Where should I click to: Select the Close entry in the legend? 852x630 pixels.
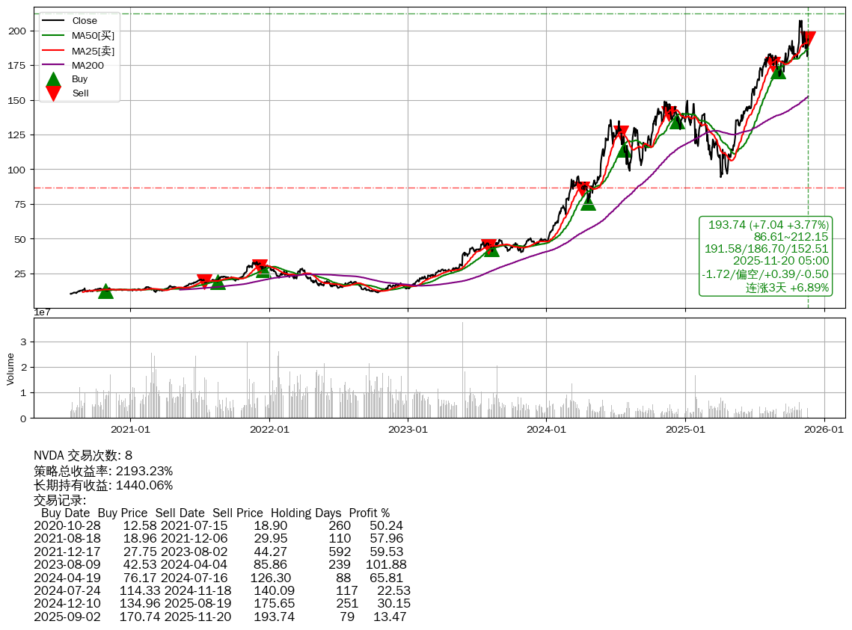(x=85, y=21)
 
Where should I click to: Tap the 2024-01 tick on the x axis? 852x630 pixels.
(x=547, y=430)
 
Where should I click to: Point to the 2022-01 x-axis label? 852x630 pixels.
(x=269, y=430)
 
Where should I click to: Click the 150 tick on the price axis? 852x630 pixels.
(x=20, y=100)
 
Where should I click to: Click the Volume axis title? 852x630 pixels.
(x=10, y=369)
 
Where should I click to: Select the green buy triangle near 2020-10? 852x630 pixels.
(x=105, y=291)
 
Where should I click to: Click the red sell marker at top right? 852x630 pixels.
(x=808, y=39)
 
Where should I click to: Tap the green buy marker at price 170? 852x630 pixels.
(x=778, y=71)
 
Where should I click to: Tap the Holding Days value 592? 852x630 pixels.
(x=340, y=552)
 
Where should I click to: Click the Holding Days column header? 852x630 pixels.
(x=306, y=513)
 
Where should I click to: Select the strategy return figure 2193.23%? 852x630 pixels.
(x=144, y=471)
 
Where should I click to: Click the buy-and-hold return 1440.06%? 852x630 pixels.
(x=144, y=485)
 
